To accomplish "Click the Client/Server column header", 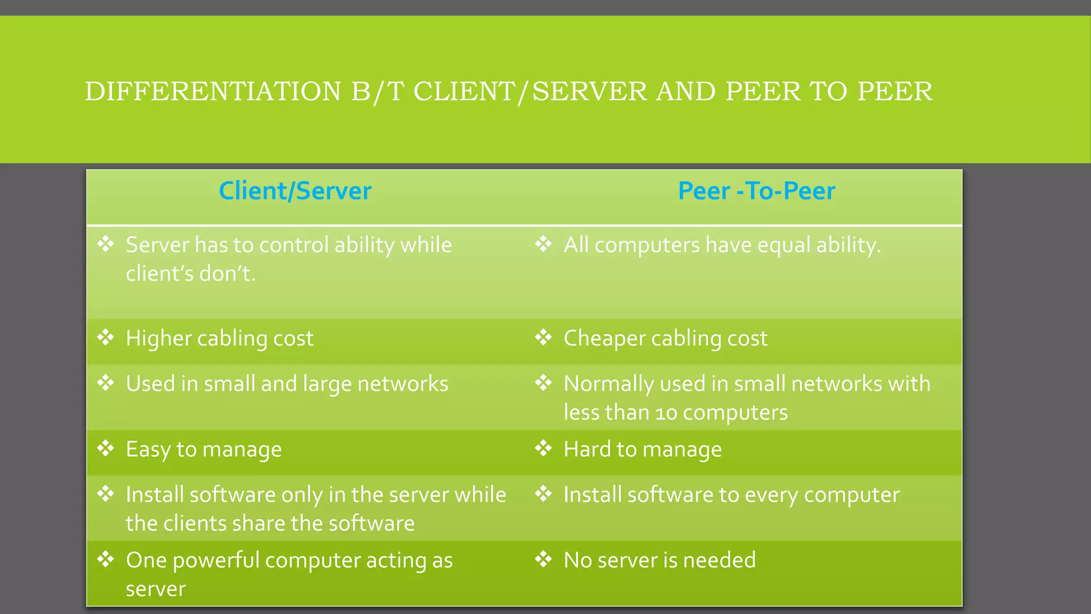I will coord(295,191).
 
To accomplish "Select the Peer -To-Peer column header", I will coord(756,191).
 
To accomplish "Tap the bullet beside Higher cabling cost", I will coord(106,337).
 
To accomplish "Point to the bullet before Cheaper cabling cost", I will coord(543,337).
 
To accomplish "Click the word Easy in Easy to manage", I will coord(148,450).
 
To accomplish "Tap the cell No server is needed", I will coord(660,560).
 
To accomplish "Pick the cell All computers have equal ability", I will coord(722,245).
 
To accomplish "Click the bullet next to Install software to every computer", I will coord(543,494).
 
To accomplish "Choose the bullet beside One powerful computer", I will coord(106,560).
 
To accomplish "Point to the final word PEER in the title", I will coord(895,92).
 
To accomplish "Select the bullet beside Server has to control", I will coord(106,245).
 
